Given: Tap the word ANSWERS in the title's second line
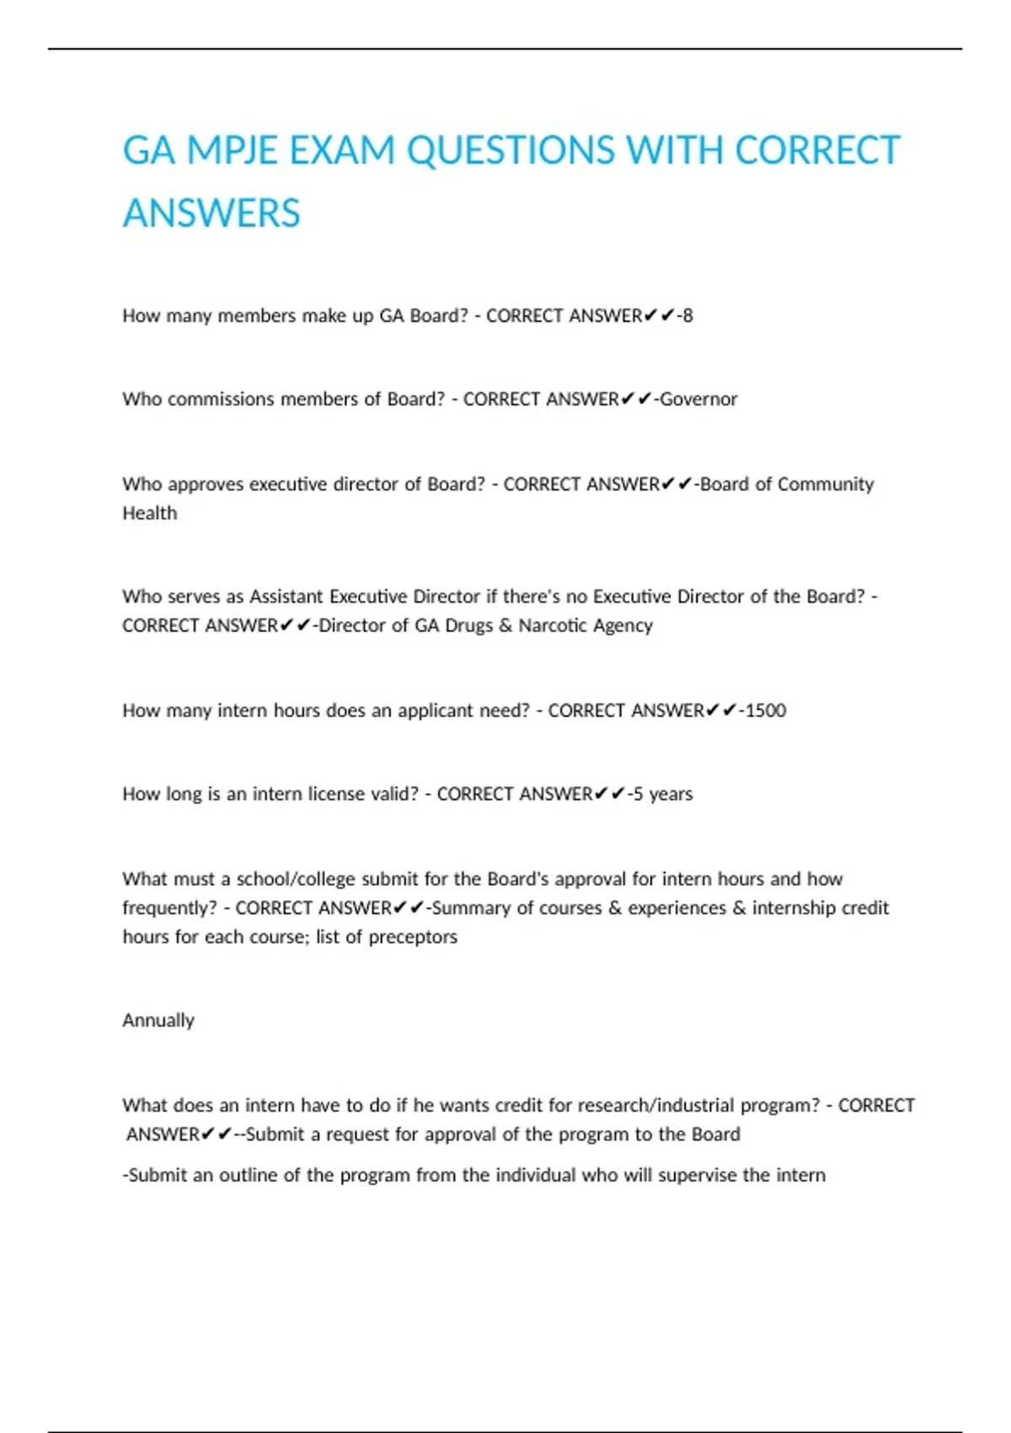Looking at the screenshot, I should (211, 213).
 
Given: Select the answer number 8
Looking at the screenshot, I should (687, 316).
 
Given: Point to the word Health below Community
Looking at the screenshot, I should (150, 513).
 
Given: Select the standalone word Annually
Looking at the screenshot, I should (158, 1021).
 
